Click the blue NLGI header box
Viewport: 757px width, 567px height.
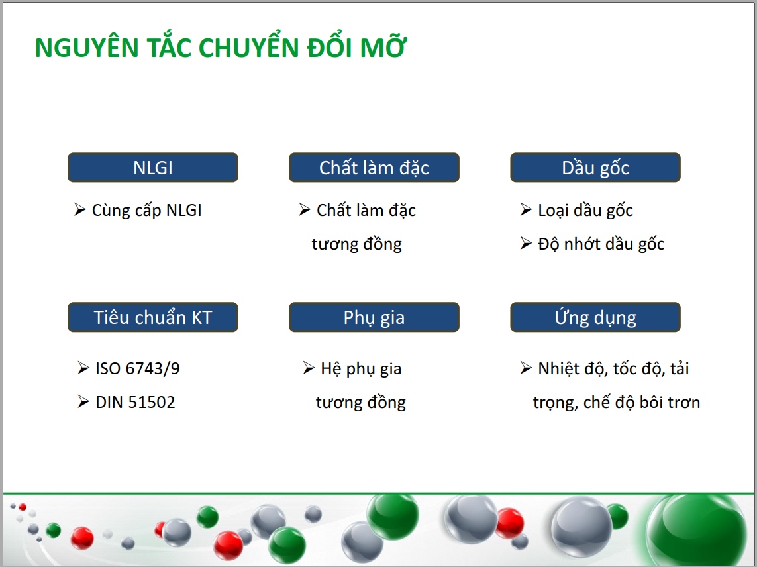[152, 168]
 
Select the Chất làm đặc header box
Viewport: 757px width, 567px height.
[374, 168]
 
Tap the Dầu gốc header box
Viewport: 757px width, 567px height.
[595, 168]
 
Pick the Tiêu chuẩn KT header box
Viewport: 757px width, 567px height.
[152, 317]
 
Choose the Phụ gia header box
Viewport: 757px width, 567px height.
[374, 317]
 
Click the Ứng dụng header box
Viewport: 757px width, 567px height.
[595, 317]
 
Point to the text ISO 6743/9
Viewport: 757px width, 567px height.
[138, 368]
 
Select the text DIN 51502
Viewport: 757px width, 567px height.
[135, 402]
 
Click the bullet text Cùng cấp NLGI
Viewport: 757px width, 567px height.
[147, 211]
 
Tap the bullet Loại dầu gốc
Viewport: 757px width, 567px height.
[585, 211]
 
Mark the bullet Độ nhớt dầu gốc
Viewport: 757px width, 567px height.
[601, 244]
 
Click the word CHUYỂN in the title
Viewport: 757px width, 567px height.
[248, 47]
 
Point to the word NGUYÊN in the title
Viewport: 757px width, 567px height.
[87, 47]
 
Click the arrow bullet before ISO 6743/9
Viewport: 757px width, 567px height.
[83, 368]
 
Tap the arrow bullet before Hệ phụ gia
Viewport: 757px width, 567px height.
[309, 368]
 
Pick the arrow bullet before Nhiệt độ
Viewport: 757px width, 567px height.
[527, 368]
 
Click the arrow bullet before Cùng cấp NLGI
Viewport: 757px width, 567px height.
[80, 209]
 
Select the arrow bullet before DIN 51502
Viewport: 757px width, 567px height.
[83, 402]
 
